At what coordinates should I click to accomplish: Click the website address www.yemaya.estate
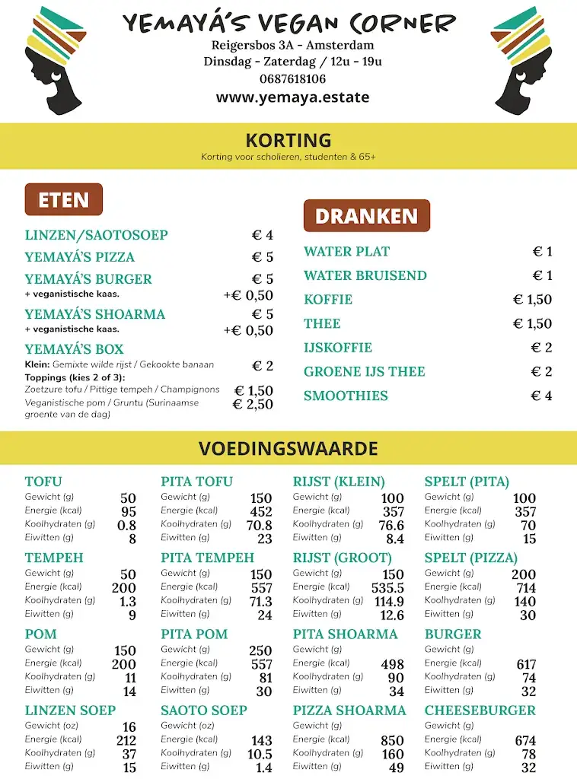(292, 97)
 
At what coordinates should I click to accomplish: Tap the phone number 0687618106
(292, 79)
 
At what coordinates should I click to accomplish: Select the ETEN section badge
(64, 200)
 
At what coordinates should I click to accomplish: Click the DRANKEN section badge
(366, 216)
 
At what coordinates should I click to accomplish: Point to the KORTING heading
(288, 141)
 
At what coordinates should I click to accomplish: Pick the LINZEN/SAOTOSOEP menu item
(96, 235)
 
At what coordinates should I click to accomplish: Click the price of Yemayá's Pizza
(262, 257)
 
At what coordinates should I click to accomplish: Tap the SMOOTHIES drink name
(346, 396)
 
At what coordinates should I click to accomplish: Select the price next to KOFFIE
(532, 300)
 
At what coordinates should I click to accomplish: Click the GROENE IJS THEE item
(364, 372)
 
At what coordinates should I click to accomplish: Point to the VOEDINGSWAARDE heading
(288, 449)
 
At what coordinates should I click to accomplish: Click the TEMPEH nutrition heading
(54, 558)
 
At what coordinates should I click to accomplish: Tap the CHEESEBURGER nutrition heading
(480, 711)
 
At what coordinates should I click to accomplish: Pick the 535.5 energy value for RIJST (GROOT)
(387, 588)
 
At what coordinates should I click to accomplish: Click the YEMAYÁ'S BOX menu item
(74, 350)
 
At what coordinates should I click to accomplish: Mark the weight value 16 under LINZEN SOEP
(129, 727)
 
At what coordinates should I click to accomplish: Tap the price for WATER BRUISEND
(542, 275)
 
